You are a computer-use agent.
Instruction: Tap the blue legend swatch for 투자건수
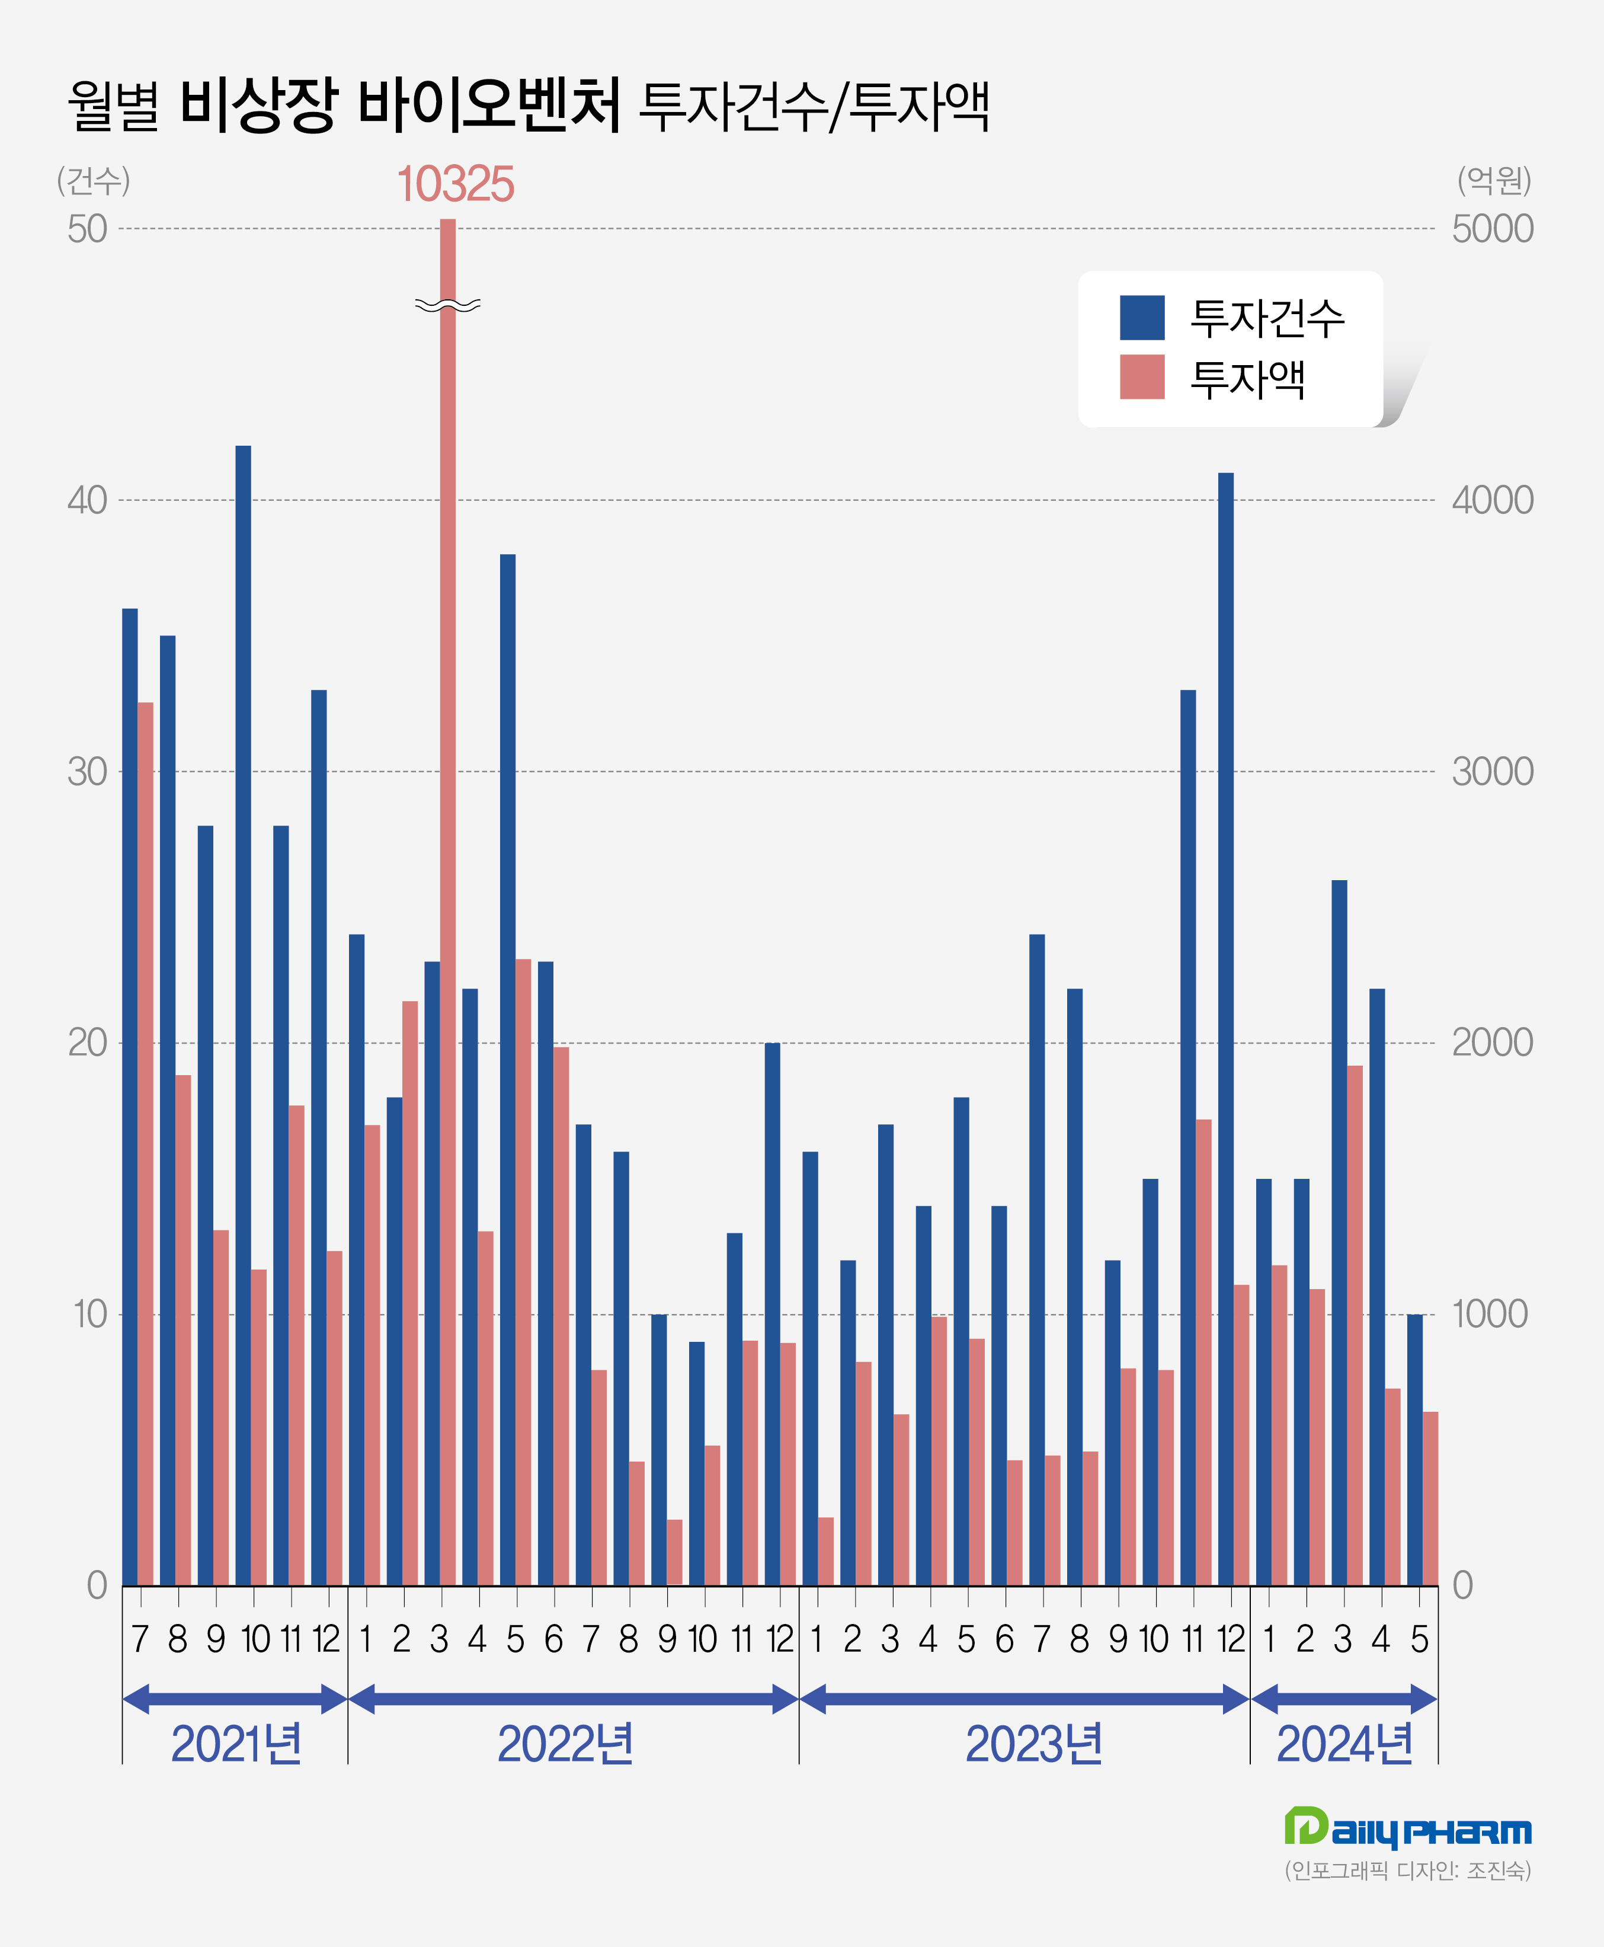point(1142,318)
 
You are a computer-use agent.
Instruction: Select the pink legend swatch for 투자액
point(1142,377)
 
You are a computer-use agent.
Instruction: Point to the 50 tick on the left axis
point(87,229)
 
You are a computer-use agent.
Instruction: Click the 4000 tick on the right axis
point(1492,501)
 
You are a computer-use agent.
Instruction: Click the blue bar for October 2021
point(243,1015)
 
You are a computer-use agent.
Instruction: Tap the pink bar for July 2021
point(146,1144)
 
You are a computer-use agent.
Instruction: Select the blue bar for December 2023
point(1225,1030)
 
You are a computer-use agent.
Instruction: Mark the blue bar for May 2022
point(507,1070)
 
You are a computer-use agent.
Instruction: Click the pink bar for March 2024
point(1355,1326)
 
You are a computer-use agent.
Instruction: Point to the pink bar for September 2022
point(674,1552)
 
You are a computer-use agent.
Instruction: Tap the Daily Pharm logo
point(1407,1828)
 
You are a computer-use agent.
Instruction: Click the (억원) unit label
point(1494,180)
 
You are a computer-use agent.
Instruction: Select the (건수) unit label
point(93,180)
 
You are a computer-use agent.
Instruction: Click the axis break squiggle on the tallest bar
point(447,305)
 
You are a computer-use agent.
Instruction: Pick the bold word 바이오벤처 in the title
point(489,104)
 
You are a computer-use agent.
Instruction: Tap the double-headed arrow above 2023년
point(1024,1699)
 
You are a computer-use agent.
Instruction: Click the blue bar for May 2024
point(1414,1450)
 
